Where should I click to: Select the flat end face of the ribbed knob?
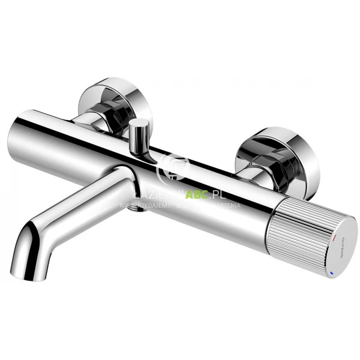click(x=337, y=247)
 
